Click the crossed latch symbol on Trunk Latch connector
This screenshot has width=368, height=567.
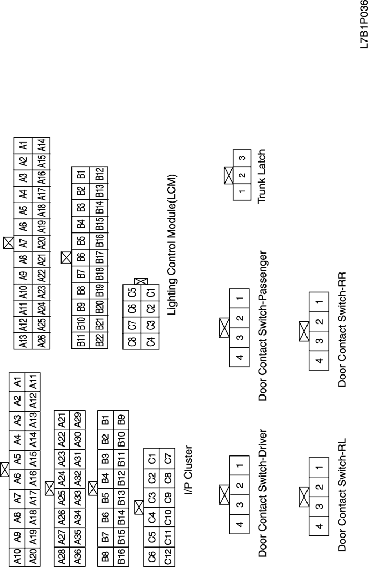229,175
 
